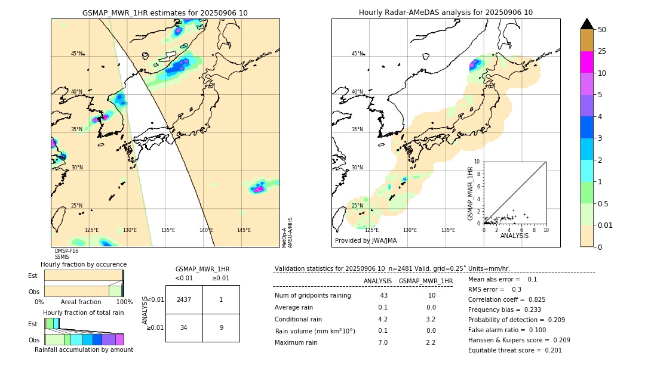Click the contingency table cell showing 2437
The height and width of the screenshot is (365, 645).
click(184, 299)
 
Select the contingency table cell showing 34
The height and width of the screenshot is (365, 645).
click(184, 327)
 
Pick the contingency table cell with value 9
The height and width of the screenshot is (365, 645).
click(220, 327)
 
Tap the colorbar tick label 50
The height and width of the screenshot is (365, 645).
click(602, 30)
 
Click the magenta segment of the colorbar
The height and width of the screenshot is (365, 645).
click(586, 62)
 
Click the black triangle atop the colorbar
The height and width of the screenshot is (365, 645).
click(586, 24)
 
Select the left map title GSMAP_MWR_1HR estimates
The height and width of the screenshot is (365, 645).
click(165, 13)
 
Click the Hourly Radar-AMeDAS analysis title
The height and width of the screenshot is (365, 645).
click(446, 13)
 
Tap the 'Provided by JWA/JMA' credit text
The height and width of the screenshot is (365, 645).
click(365, 240)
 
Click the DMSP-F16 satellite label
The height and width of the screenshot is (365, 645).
click(66, 251)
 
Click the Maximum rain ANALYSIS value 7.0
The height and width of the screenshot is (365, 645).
click(383, 342)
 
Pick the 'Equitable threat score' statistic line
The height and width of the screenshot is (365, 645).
click(515, 350)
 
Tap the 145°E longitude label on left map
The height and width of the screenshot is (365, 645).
click(244, 230)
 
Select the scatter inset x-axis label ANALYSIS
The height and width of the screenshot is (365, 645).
click(514, 236)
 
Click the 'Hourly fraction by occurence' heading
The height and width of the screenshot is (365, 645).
click(84, 264)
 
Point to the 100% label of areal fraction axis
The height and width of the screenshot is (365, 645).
click(124, 302)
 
